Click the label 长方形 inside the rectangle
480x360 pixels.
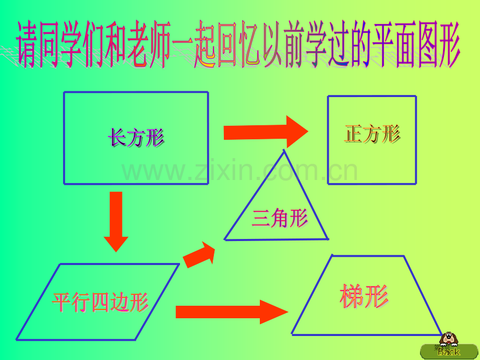[136, 137]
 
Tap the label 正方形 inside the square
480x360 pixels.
[372, 134]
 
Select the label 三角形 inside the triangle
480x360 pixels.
[280, 218]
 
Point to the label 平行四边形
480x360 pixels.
[100, 302]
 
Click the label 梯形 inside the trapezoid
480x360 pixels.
[364, 296]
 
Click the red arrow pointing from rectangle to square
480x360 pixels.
[266, 132]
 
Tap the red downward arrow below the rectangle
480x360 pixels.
[116, 222]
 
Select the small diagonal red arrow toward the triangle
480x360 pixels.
[199, 255]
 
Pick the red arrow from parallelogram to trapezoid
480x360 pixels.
[232, 312]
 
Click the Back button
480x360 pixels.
[449, 352]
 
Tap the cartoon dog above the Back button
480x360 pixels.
[449, 339]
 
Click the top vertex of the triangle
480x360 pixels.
[284, 150]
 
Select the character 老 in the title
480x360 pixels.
[138, 44]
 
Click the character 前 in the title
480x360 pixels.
[294, 44]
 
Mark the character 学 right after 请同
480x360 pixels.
[71, 44]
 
